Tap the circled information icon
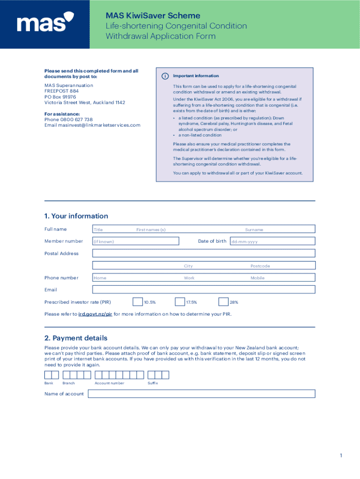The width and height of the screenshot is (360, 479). pos(164,76)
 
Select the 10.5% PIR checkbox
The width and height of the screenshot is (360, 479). pos(138,302)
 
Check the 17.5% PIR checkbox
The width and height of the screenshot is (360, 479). pos(180,302)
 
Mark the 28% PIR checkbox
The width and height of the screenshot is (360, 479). pos(223,302)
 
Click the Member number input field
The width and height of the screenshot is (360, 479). pos(136,241)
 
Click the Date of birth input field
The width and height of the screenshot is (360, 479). pos(272,241)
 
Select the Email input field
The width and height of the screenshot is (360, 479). pos(203,290)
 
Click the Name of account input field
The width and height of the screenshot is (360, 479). pos(202,394)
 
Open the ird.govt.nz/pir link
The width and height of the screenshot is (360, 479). pos(95,314)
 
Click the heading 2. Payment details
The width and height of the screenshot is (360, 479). pos(76,338)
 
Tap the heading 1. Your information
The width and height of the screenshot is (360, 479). pos(76,216)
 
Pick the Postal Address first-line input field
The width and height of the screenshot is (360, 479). pos(203,254)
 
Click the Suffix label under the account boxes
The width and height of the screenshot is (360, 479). pos(153,383)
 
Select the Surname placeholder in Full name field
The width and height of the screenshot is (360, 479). pos(254,230)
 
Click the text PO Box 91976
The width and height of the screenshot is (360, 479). pos(60,97)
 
